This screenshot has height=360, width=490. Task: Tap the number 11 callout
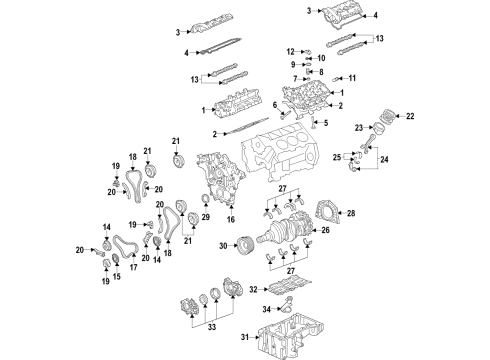(x=353, y=77)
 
